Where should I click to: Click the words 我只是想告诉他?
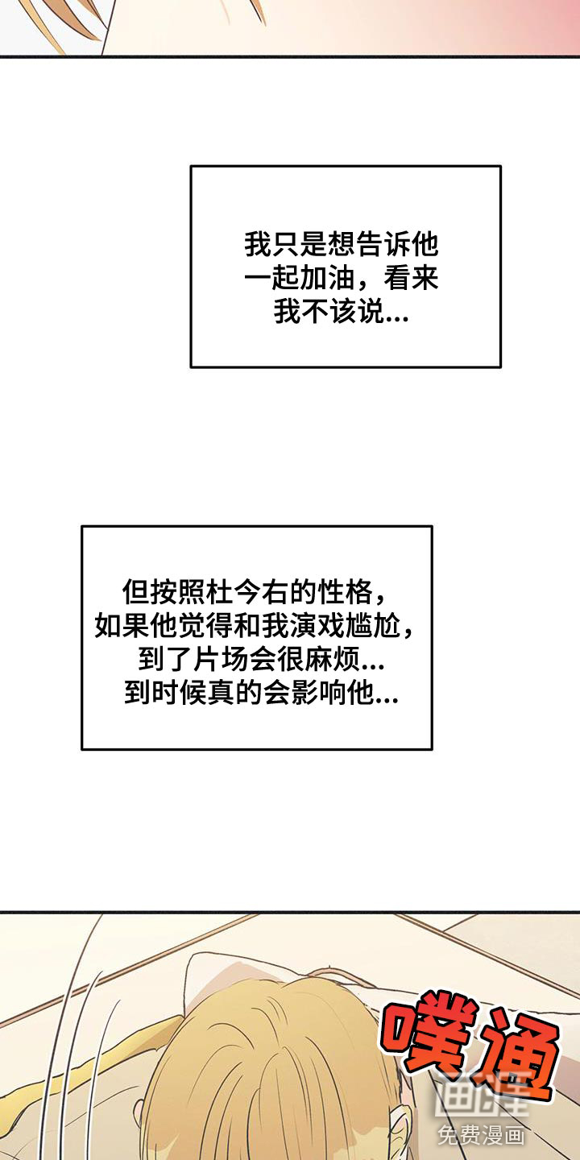pyautogui.click(x=342, y=244)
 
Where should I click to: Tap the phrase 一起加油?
pyautogui.click(x=300, y=278)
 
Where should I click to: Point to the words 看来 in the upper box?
pyautogui.click(x=411, y=278)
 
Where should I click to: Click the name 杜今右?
pyautogui.click(x=246, y=591)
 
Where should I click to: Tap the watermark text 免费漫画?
pyautogui.click(x=481, y=1136)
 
